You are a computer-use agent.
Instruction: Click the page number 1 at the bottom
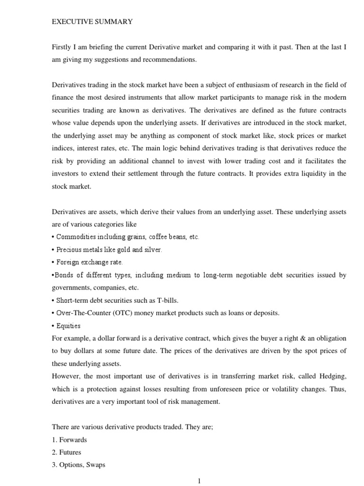pos(200,481)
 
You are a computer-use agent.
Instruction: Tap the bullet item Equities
pos(68,326)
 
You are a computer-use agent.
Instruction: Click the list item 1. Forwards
pos(70,440)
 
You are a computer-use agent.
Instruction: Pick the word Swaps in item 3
pos(94,465)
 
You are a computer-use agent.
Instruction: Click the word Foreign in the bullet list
pos(67,262)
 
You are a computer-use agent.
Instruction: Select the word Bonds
pos(64,275)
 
